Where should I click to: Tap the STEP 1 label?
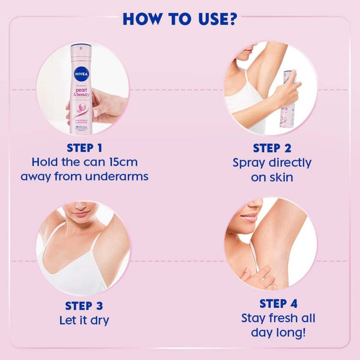[x=85, y=148]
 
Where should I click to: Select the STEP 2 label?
[x=271, y=148]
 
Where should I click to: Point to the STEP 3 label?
[x=84, y=306]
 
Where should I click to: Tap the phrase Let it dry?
[x=84, y=320]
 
